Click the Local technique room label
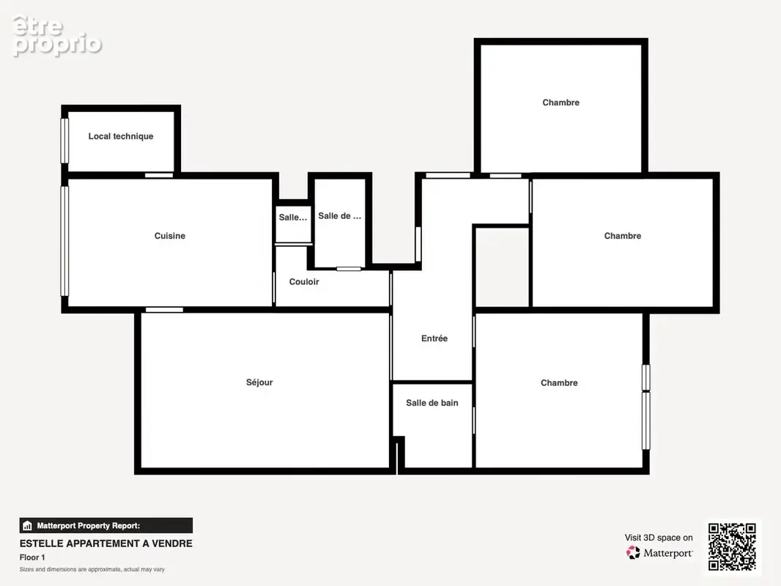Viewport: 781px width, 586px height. [x=121, y=136]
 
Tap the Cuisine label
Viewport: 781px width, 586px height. [x=170, y=236]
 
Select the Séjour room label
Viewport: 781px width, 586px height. [x=259, y=382]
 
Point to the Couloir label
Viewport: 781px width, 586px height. [x=304, y=282]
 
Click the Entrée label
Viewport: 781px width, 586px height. [x=434, y=338]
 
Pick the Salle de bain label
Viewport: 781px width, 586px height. [x=432, y=403]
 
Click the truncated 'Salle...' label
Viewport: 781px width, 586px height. [x=293, y=217]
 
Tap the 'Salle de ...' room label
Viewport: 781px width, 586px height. [x=340, y=215]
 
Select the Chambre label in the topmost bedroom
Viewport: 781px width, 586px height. [x=561, y=103]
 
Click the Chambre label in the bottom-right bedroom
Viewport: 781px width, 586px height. [x=559, y=383]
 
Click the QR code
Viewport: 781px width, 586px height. [x=732, y=546]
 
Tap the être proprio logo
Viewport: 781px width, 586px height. [x=57, y=36]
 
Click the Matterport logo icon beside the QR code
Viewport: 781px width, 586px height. [x=633, y=552]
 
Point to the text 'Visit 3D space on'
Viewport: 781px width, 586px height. [x=659, y=538]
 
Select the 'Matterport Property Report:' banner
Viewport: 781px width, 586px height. [x=106, y=526]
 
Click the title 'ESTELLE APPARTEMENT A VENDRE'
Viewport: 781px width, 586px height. [x=106, y=544]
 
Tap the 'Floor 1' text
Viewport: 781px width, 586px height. [x=32, y=557]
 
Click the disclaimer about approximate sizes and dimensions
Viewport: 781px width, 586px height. [x=92, y=569]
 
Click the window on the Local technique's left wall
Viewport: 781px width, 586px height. [x=64, y=141]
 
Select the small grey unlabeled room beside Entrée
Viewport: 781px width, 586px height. [x=502, y=268]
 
